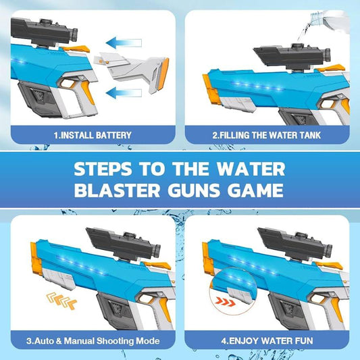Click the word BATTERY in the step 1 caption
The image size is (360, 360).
coord(113,135)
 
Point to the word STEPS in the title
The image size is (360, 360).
coord(103,170)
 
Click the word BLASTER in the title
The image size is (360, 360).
coord(117,190)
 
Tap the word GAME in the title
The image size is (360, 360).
coord(255,190)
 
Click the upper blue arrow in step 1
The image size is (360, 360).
coord(124,43)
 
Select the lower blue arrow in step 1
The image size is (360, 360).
coord(124,93)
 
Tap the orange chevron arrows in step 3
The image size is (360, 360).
coord(61,301)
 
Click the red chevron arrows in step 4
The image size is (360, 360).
coord(226,301)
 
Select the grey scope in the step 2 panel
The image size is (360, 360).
coord(292,55)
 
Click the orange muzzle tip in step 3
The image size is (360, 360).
coord(36,259)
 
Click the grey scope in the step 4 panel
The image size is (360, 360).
coord(295,245)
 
